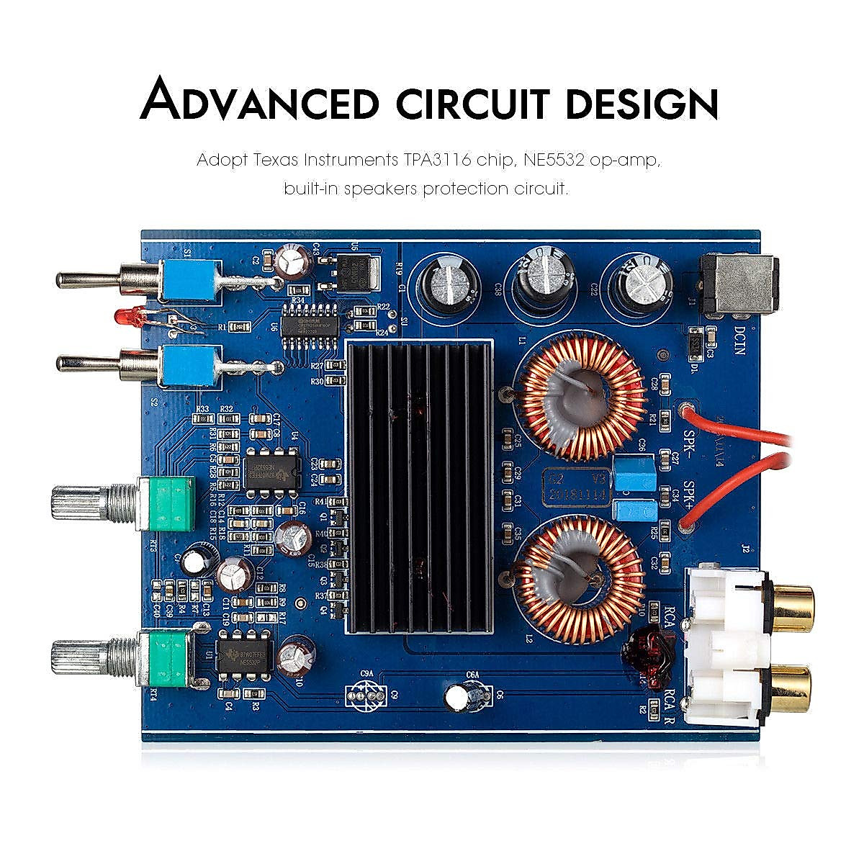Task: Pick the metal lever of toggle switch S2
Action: pos(86,364)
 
